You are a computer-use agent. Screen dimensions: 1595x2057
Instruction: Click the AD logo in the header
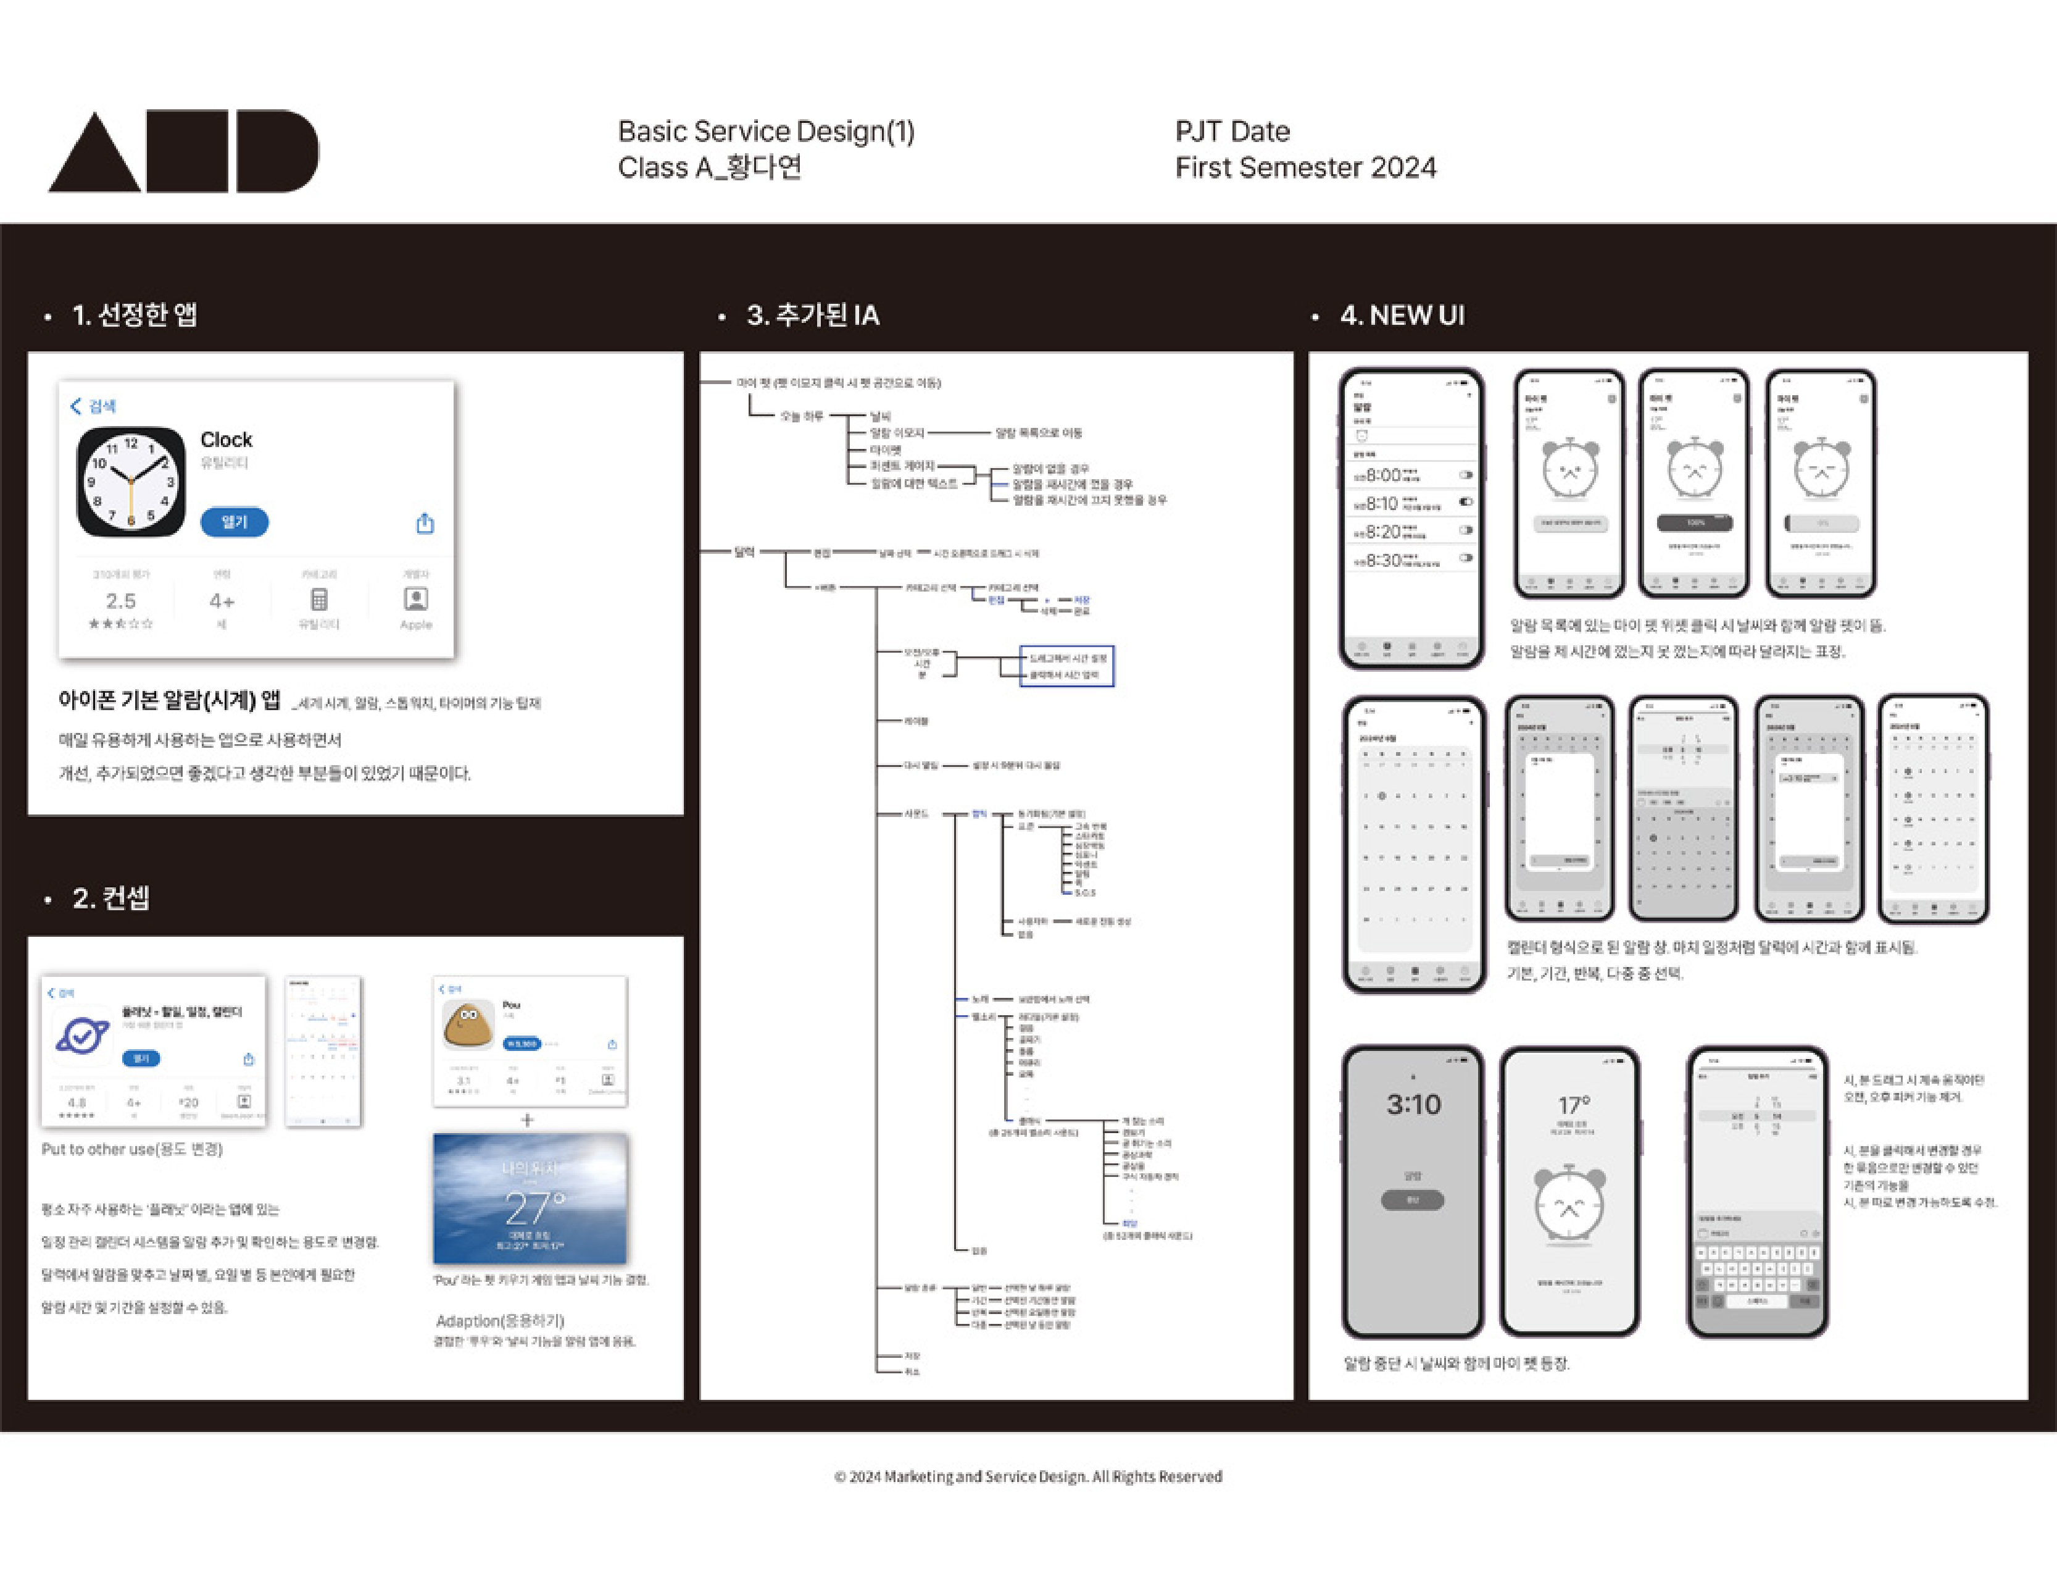[184, 152]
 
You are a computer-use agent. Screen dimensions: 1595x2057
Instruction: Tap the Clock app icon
[131, 482]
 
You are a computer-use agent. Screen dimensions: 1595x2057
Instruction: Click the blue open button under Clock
[233, 522]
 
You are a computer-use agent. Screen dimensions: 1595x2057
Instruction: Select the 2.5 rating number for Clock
[120, 600]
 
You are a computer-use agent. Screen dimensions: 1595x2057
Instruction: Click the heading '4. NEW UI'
[1402, 315]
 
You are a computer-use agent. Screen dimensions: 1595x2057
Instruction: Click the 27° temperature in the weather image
[533, 1207]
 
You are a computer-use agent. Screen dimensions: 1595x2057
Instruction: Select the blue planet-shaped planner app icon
[83, 1036]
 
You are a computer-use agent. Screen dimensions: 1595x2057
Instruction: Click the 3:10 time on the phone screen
[1413, 1103]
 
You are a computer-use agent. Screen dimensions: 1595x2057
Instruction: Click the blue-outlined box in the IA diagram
[1066, 666]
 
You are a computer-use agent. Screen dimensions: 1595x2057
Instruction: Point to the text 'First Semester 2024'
[1305, 168]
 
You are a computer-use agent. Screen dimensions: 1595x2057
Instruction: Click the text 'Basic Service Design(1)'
[766, 131]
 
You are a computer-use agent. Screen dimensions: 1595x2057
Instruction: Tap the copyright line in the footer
[1028, 1476]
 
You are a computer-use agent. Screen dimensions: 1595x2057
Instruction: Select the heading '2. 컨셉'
[110, 898]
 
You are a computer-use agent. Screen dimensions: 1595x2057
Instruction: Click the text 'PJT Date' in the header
[1232, 131]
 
